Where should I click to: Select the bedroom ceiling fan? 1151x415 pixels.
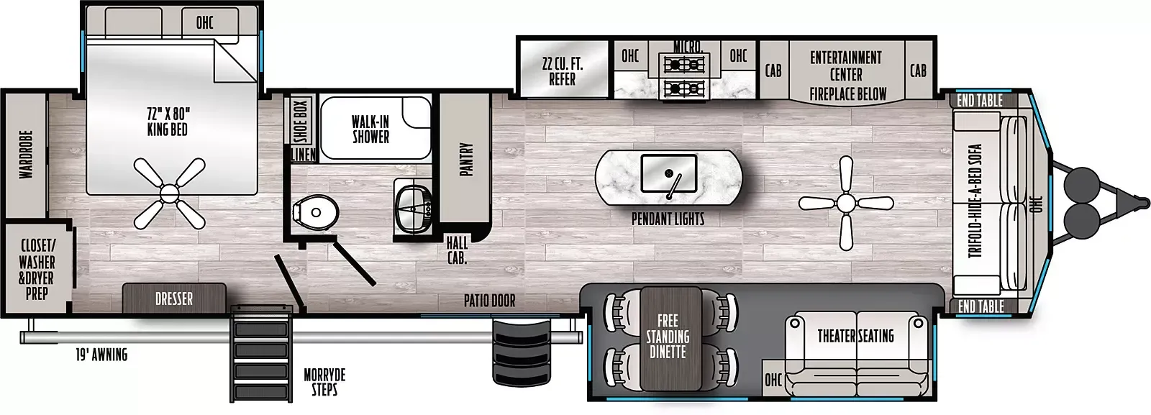pos(169,193)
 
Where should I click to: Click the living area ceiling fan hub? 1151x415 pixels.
pos(846,204)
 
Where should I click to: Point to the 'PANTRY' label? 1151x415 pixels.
pos(465,160)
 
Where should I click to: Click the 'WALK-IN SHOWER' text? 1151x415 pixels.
pos(370,129)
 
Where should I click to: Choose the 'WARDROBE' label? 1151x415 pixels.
pos(26,155)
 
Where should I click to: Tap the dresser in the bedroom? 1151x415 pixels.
pos(173,297)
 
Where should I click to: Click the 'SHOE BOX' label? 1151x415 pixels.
pos(301,122)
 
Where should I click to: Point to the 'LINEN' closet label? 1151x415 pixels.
pos(303,155)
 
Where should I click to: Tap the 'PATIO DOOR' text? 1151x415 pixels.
pos(489,301)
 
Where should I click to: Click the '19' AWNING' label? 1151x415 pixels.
pos(101,355)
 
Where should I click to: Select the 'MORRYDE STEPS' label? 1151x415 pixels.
pos(324,382)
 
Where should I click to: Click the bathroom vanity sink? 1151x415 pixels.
pos(415,209)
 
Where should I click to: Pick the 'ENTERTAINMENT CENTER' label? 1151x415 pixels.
pos(846,65)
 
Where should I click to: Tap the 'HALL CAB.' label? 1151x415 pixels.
pos(457,250)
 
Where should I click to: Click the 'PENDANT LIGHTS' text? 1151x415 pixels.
pos(668,219)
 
